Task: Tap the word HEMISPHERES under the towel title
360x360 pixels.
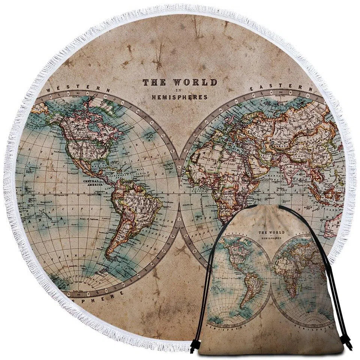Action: (179, 97)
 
